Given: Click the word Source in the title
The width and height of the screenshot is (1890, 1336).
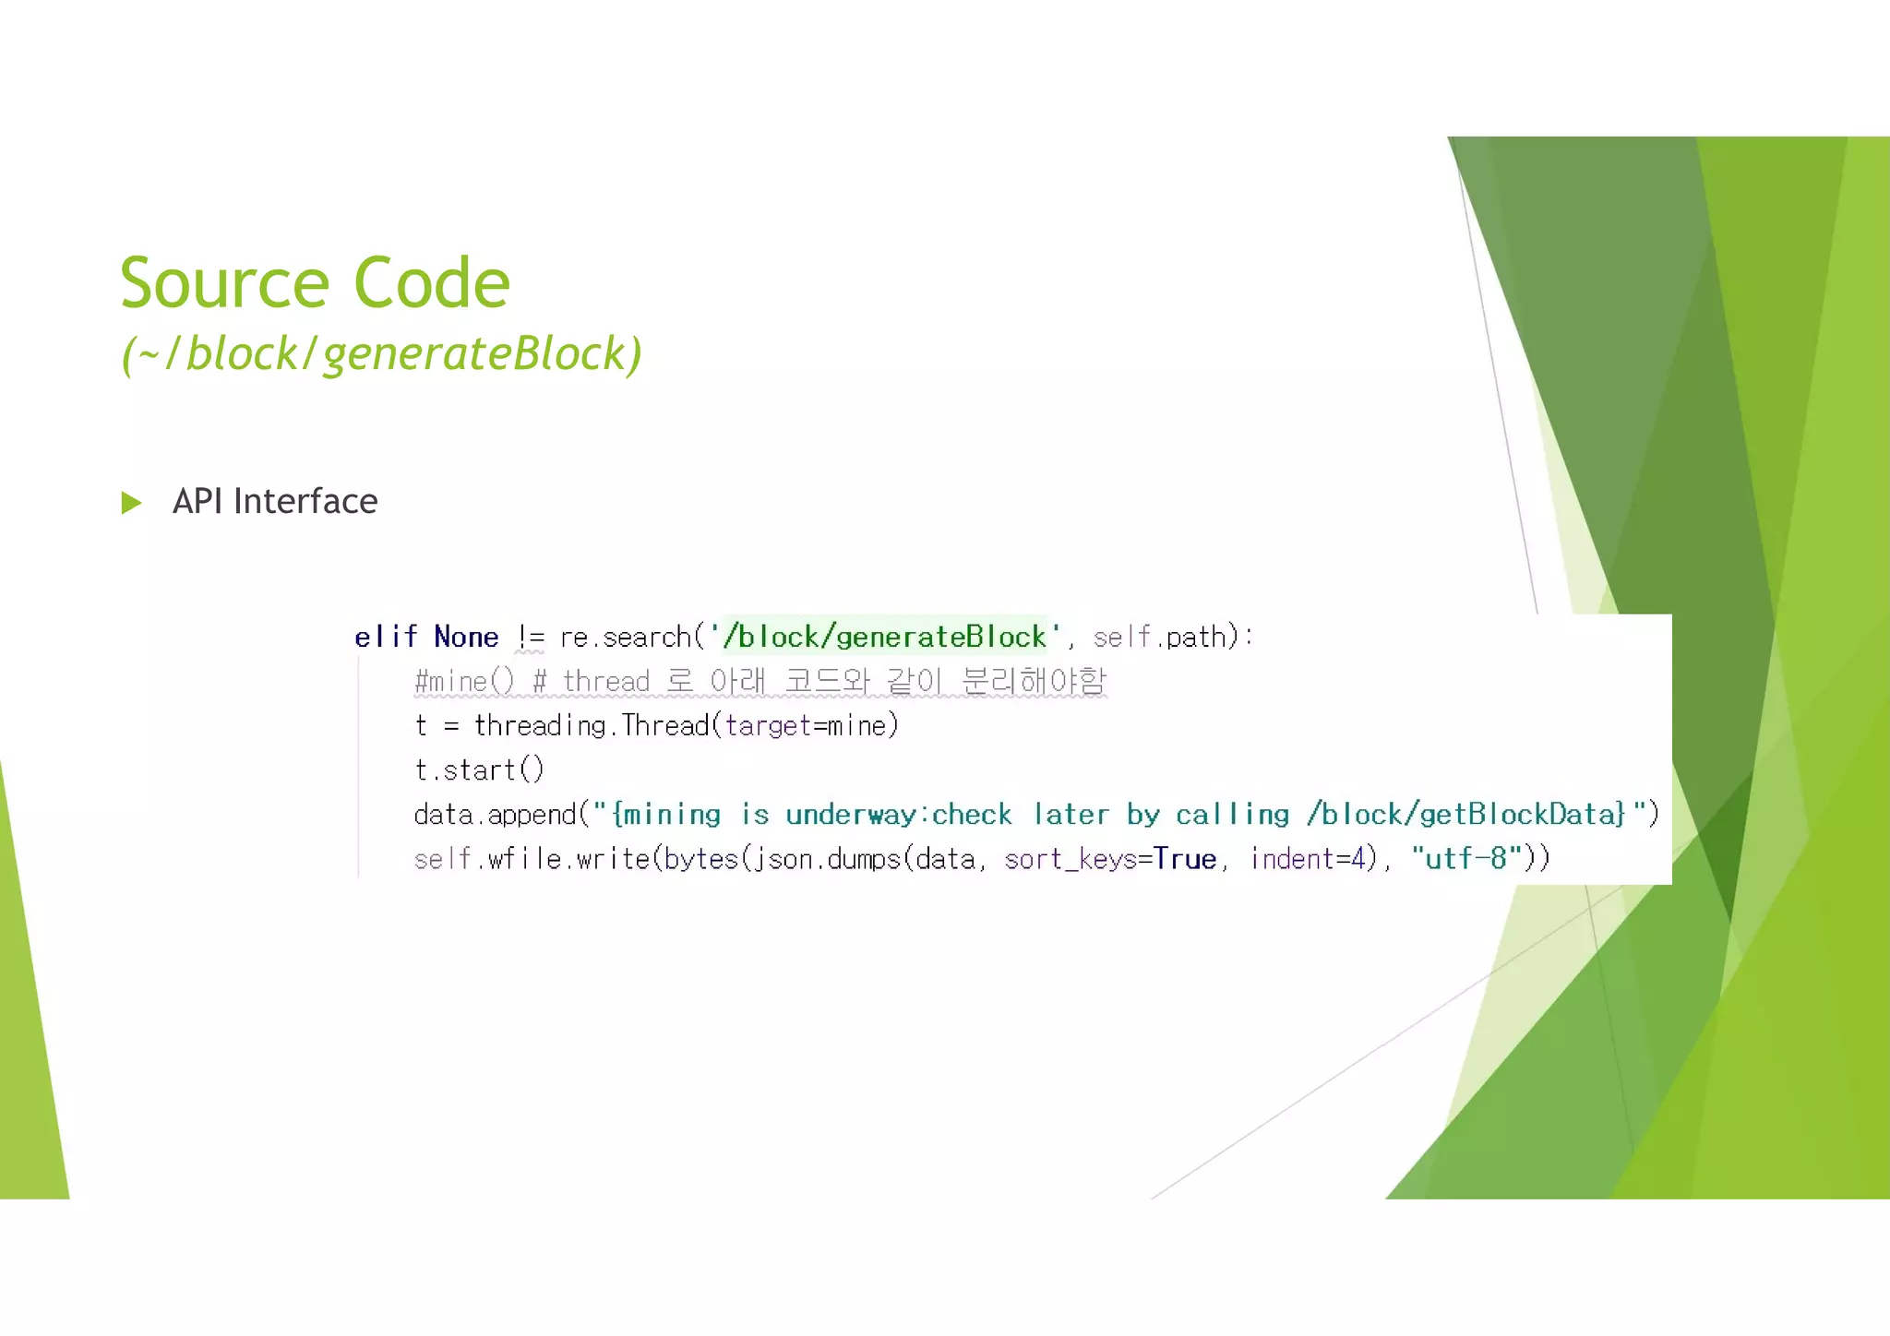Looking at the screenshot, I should pos(224,283).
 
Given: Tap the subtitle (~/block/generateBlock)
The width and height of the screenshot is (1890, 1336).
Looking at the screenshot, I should pos(381,353).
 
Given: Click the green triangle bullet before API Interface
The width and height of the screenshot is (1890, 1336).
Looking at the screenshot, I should pos(132,503).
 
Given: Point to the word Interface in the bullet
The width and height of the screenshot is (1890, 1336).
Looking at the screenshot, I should pos(305,502).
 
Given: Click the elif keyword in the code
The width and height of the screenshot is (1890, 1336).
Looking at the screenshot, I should pos(386,637).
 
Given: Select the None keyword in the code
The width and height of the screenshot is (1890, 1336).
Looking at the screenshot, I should pos(466,637).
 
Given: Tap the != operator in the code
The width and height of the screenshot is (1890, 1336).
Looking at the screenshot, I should pos(531,637).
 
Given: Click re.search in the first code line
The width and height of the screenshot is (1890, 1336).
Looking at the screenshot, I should pos(625,637).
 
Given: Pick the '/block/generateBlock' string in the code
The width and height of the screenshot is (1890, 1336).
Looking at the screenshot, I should pos(885,637).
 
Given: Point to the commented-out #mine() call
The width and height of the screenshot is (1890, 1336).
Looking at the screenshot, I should pos(464,682).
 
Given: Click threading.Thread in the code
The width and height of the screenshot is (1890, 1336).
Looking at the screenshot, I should pos(591,726).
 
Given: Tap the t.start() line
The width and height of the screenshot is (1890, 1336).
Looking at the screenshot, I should pos(479,770).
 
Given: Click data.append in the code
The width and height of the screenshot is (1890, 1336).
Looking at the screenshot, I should pos(495,815).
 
